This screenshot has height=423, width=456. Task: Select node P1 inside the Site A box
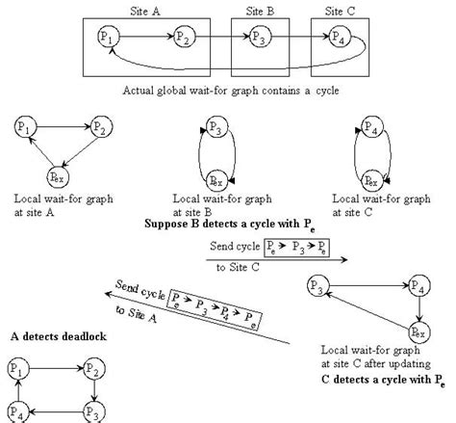coord(108,40)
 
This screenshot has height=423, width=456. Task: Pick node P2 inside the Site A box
coord(184,39)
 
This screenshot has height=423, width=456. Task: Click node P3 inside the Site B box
coord(257,39)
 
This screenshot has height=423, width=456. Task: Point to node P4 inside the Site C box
coord(340,39)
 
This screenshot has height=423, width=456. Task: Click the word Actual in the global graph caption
coord(141,91)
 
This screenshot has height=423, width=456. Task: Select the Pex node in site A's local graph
coord(59,175)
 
